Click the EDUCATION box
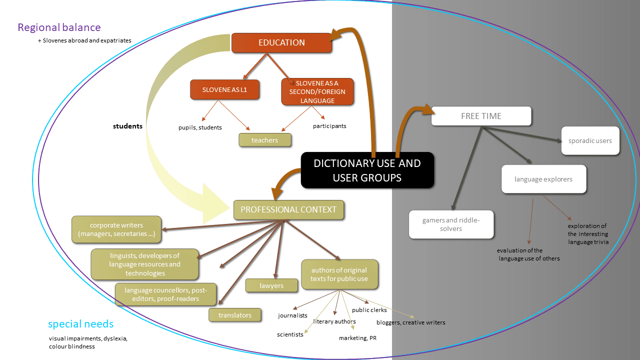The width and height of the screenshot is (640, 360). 281,42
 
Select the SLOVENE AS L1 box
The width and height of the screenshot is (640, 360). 224,89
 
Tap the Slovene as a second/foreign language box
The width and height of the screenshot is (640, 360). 317,91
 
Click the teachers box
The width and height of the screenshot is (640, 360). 264,140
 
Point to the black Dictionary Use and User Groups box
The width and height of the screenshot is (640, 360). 367,170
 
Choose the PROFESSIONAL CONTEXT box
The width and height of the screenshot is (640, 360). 288,209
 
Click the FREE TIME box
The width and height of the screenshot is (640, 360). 481,116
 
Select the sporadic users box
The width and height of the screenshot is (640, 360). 590,140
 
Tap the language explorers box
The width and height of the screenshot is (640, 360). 543,179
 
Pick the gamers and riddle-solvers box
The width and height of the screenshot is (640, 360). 451,224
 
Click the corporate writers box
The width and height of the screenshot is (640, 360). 116,229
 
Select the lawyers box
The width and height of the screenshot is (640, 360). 271,285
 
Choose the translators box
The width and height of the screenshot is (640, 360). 235,315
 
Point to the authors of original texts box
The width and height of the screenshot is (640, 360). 339,274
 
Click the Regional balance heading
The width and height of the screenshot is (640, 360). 59,27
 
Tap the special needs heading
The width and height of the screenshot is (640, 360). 80,324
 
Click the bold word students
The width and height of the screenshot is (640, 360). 127,126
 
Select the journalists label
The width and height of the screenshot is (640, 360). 292,315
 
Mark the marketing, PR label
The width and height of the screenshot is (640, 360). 357,338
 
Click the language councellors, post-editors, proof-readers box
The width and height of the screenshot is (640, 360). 165,294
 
